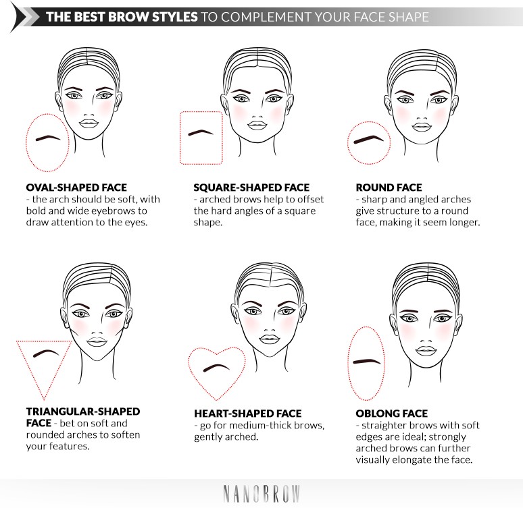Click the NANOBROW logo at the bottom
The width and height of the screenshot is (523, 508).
click(261, 493)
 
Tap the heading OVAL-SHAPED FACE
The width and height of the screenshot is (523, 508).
click(76, 187)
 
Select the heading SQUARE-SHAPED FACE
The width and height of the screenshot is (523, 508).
click(251, 187)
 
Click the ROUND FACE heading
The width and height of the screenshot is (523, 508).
click(389, 187)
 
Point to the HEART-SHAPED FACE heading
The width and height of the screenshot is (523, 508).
click(247, 413)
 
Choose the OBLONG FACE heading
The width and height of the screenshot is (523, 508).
click(392, 413)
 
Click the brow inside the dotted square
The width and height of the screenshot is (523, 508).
click(201, 133)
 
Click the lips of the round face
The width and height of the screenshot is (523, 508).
click(422, 125)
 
